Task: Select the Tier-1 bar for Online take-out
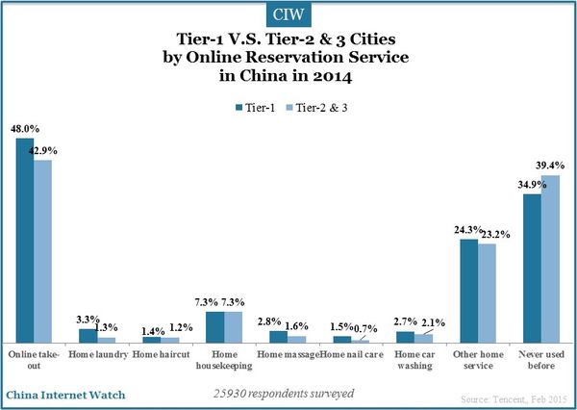click(x=25, y=241)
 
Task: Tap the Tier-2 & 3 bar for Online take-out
click(x=42, y=251)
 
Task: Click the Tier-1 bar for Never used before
click(x=532, y=269)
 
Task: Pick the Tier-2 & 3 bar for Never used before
click(x=549, y=259)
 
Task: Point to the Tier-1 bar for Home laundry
click(x=88, y=336)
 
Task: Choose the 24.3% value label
click(x=465, y=229)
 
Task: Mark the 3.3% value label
click(x=88, y=319)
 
